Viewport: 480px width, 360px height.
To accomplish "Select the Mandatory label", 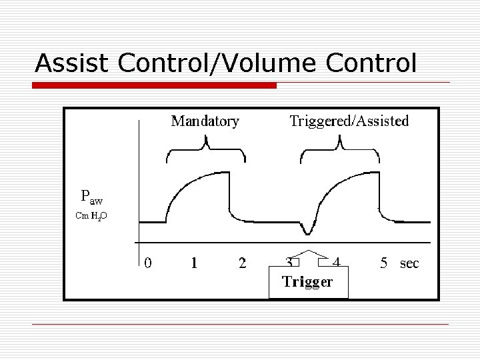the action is click(x=205, y=121).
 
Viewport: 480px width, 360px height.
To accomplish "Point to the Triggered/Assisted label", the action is click(x=349, y=121).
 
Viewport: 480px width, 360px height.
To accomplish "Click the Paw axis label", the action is click(x=91, y=197).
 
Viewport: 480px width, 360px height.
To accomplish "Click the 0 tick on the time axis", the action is click(x=148, y=263).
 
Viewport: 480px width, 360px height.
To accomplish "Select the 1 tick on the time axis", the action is click(x=194, y=263).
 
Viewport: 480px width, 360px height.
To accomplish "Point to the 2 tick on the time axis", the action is click(x=242, y=263).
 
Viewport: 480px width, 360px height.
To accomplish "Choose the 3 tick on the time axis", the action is click(x=289, y=262).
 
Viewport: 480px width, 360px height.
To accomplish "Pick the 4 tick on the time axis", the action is click(x=336, y=262).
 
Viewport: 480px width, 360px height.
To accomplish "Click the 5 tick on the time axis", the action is click(x=384, y=263).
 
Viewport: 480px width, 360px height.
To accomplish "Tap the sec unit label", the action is click(x=409, y=263).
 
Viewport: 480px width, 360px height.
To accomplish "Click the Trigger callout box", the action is click(x=308, y=281).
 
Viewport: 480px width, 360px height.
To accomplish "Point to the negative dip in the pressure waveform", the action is click(x=307, y=233).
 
